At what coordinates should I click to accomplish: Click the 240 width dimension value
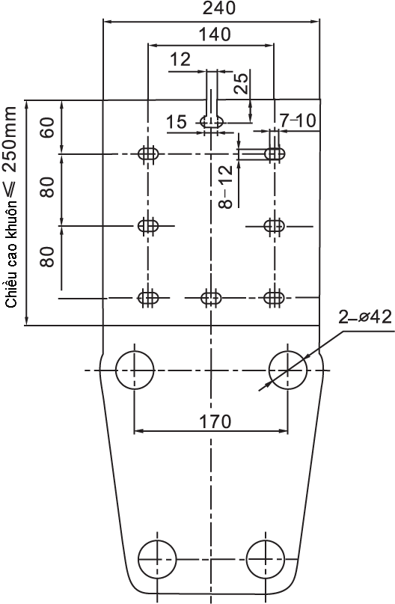click(218, 7)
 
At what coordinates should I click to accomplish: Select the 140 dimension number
click(215, 34)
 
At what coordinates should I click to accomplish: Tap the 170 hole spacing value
click(215, 421)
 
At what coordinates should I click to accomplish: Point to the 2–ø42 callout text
click(365, 317)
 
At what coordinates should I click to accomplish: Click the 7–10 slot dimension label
click(298, 121)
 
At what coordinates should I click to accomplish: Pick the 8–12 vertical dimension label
click(226, 186)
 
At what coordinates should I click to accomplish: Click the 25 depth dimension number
click(242, 83)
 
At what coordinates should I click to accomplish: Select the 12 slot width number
click(180, 60)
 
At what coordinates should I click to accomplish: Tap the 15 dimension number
click(177, 122)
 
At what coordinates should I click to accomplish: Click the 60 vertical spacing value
click(48, 127)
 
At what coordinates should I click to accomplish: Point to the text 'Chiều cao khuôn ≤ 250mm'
click(10, 207)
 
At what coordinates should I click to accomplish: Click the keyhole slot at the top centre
click(212, 115)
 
